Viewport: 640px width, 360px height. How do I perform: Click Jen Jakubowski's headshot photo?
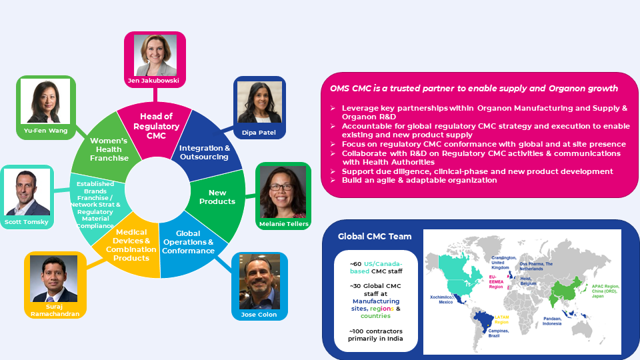pyautogui.click(x=155, y=55)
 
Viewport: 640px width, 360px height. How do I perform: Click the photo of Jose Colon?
pyautogui.click(x=259, y=281)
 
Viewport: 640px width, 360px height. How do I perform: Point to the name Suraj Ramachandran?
pyautogui.click(x=55, y=311)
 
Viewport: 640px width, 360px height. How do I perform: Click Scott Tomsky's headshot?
pyautogui.click(x=27, y=192)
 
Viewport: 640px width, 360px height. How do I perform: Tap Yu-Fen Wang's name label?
pyautogui.click(x=45, y=131)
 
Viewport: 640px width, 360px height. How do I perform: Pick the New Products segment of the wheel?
pyautogui.click(x=217, y=197)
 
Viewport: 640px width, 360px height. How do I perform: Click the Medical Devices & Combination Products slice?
pyautogui.click(x=131, y=245)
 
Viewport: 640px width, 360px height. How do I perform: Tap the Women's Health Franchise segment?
pyautogui.click(x=109, y=149)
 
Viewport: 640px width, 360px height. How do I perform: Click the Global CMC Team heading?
pyautogui.click(x=374, y=236)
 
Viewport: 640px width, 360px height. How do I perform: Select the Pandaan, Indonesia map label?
pyautogui.click(x=555, y=321)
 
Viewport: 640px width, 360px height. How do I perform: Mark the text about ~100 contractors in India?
pyautogui.click(x=375, y=335)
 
